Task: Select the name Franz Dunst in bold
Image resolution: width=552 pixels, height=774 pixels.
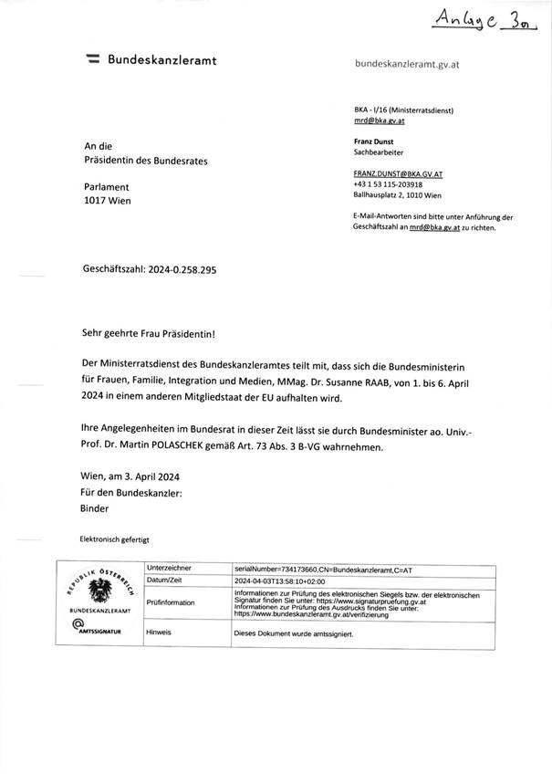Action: pos(373,142)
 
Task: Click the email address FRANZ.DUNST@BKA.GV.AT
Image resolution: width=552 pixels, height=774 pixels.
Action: pos(398,173)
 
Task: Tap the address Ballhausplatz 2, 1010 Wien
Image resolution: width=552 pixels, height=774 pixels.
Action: pos(400,195)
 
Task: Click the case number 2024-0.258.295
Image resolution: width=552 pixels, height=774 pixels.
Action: pos(182,270)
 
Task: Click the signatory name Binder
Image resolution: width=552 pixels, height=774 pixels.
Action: pos(96,507)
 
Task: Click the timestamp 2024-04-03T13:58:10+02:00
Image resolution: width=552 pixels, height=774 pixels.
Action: pos(287,580)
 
